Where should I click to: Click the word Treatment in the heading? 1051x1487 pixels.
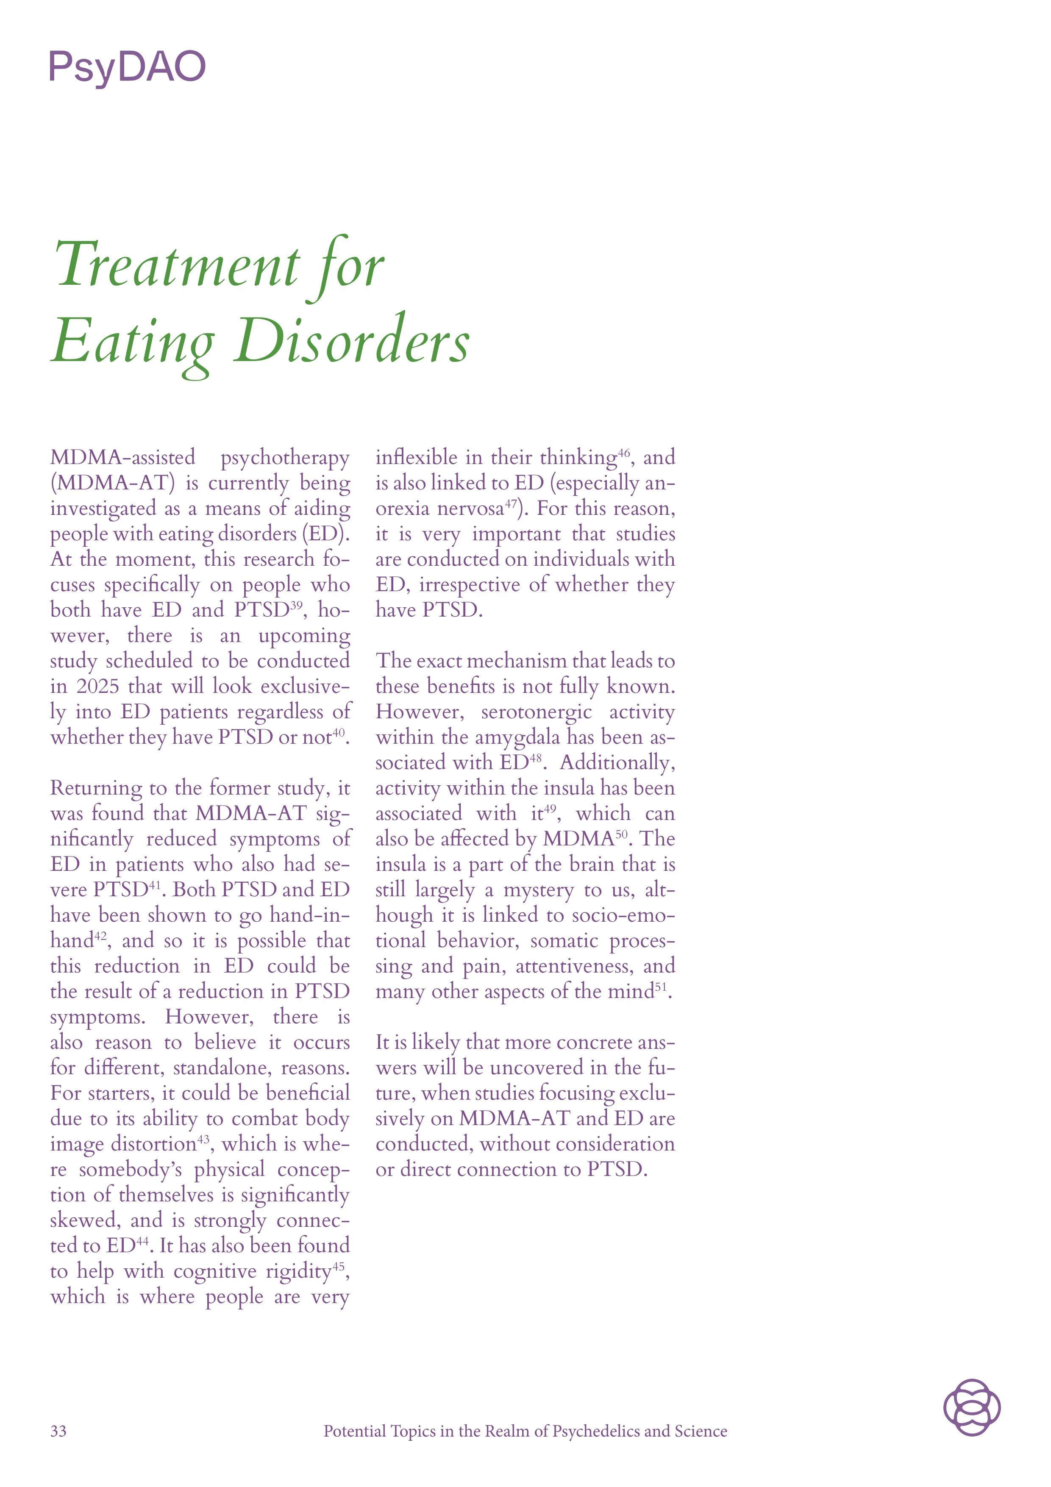[177, 266]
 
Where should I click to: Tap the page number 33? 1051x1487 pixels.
[58, 1431]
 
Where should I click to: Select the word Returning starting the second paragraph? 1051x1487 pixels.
[95, 788]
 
